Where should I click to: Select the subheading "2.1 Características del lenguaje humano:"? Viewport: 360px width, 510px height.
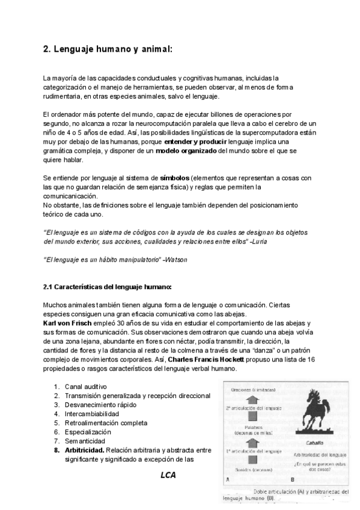(x=108, y=286)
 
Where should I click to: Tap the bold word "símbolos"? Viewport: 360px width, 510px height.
(x=175, y=179)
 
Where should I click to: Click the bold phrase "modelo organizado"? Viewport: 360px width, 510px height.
(x=186, y=151)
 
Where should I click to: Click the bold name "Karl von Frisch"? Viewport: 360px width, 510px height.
(x=68, y=324)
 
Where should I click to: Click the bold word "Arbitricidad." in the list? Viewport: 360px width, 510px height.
(x=85, y=450)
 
